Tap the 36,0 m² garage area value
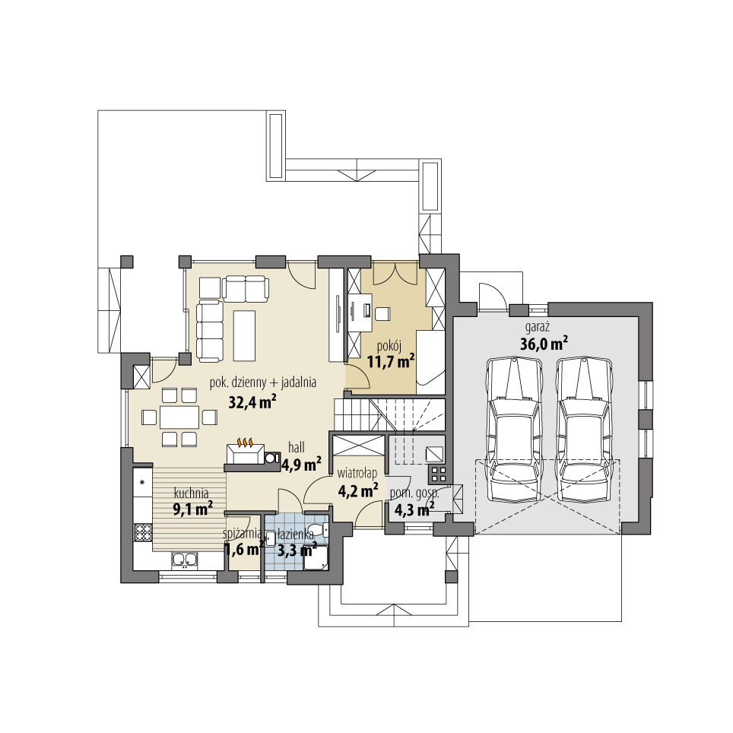tap(544, 344)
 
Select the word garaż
tap(537, 327)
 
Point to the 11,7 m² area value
tap(391, 360)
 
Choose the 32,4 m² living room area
tap(252, 401)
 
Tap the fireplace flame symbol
tap(245, 443)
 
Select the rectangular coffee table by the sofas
tap(245, 335)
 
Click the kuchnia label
tap(191, 491)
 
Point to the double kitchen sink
tap(184, 560)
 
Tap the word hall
tap(297, 448)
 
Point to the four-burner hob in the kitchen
tap(142, 532)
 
